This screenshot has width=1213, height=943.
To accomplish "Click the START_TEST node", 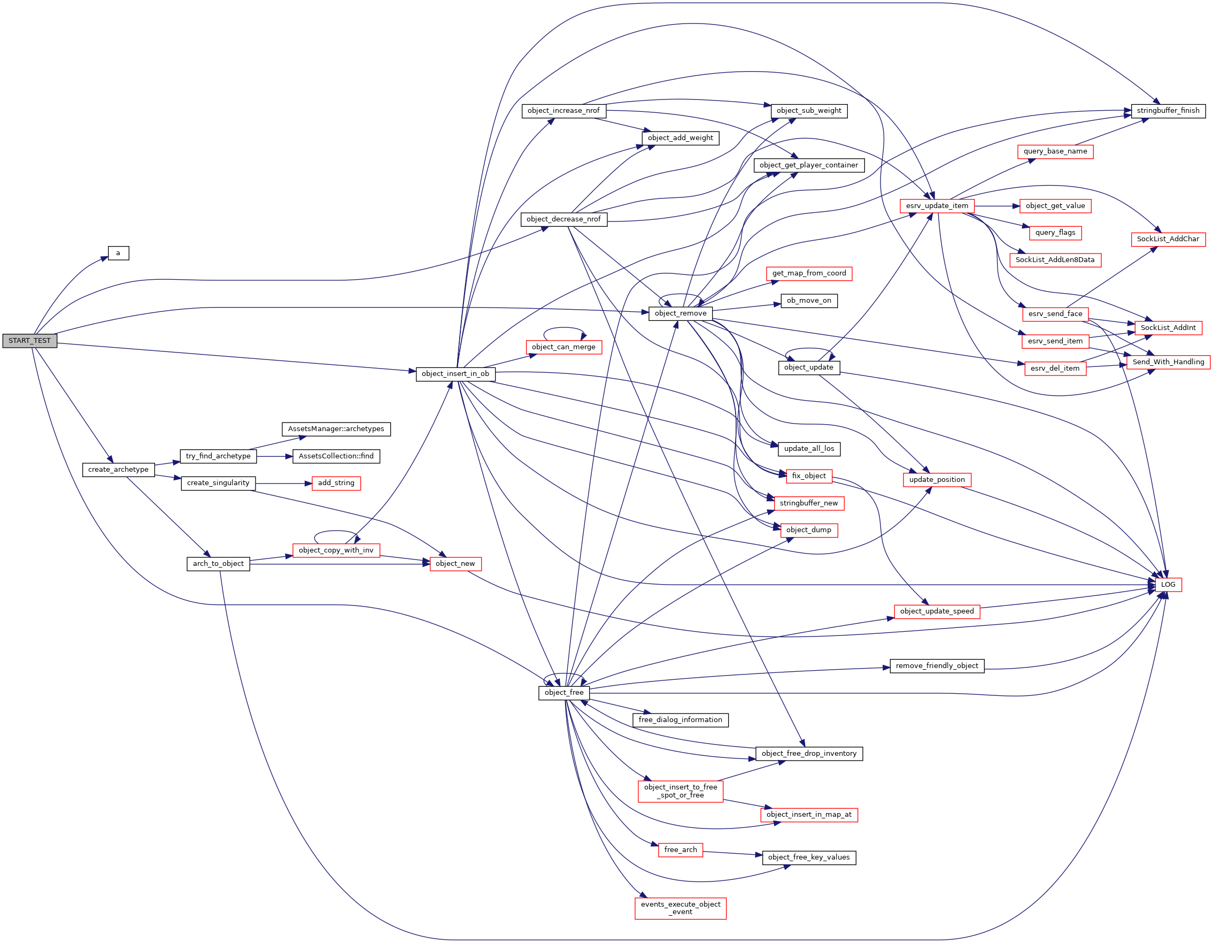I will click(x=29, y=341).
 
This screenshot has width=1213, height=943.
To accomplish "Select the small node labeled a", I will click(x=118, y=254).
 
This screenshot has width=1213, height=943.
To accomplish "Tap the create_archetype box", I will click(x=118, y=470).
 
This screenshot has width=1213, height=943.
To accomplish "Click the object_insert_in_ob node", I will click(x=455, y=374).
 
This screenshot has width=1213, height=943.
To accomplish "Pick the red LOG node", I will click(x=1168, y=585).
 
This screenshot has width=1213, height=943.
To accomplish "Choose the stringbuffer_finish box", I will click(x=1168, y=111).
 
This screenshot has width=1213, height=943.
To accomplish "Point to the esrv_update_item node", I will click(x=937, y=205).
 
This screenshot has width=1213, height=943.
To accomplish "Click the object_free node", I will click(x=564, y=692).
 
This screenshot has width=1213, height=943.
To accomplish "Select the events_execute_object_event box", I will click(x=681, y=908).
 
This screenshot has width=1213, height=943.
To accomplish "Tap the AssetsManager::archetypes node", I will click(x=336, y=429).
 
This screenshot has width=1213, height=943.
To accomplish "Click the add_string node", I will click(x=336, y=483).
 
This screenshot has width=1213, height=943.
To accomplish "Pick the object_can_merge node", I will click(x=564, y=347).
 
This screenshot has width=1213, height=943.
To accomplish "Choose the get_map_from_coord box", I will click(x=809, y=273).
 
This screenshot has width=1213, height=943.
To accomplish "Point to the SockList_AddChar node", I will click(x=1168, y=239).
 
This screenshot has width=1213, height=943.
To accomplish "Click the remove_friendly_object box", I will click(x=937, y=666).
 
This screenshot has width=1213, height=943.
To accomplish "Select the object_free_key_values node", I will click(x=809, y=857).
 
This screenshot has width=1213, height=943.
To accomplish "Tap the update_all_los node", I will click(x=809, y=448).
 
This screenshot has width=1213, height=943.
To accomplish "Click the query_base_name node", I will click(x=1055, y=151).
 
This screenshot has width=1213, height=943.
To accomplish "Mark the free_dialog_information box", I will click(x=681, y=719).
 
